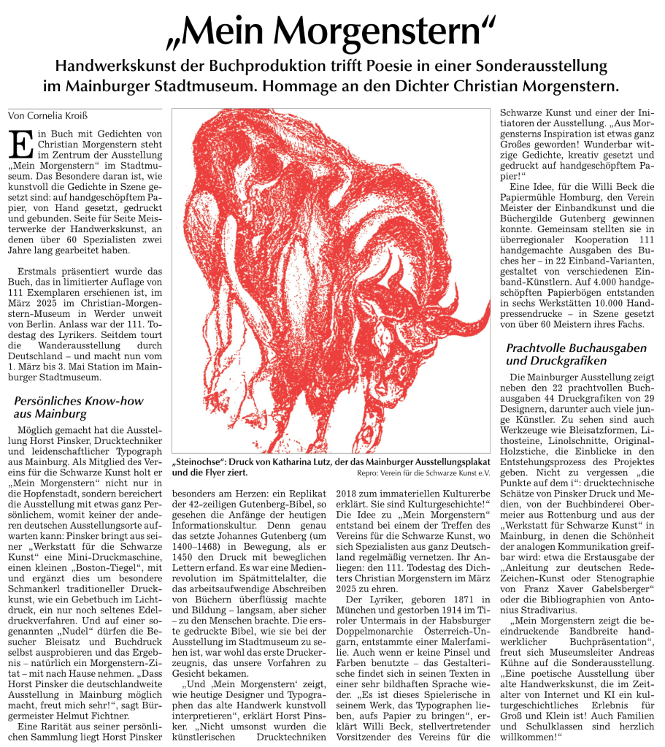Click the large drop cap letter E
point(20,144)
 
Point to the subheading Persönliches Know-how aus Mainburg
point(80,407)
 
